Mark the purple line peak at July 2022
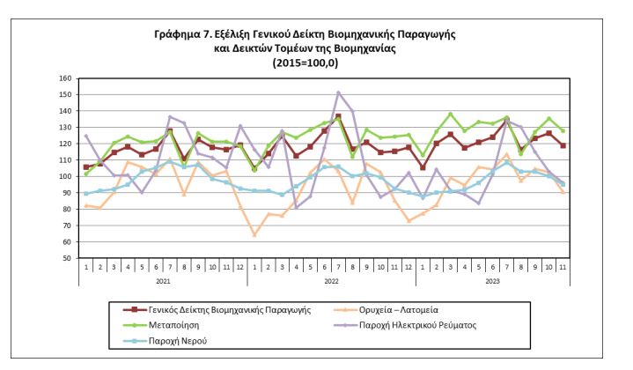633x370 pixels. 339,92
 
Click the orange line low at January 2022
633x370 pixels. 255,235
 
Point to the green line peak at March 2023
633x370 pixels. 451,114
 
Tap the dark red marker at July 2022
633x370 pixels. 339,116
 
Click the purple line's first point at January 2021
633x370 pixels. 86,136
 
